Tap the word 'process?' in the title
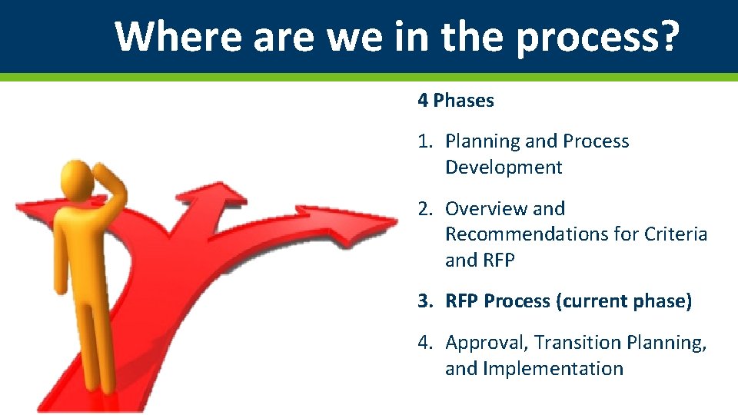pyautogui.click(x=597, y=37)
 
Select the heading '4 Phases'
pyautogui.click(x=456, y=100)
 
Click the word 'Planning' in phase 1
pyautogui.click(x=482, y=141)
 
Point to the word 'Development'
pyautogui.click(x=504, y=168)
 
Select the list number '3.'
pyautogui.click(x=426, y=301)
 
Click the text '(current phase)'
pyautogui.click(x=623, y=301)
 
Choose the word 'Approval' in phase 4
pyautogui.click(x=487, y=343)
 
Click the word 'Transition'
pyautogui.click(x=577, y=343)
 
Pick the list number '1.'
pyautogui.click(x=426, y=141)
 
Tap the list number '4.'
pyautogui.click(x=426, y=343)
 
